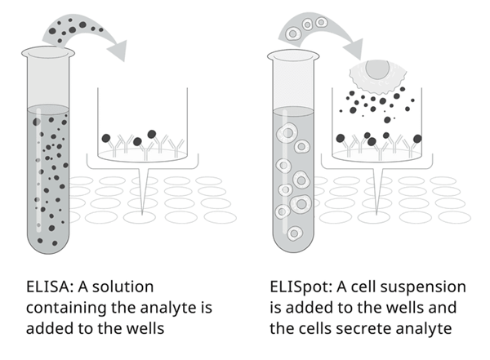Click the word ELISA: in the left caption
48,287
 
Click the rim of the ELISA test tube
48,53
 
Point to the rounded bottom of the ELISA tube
48,244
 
